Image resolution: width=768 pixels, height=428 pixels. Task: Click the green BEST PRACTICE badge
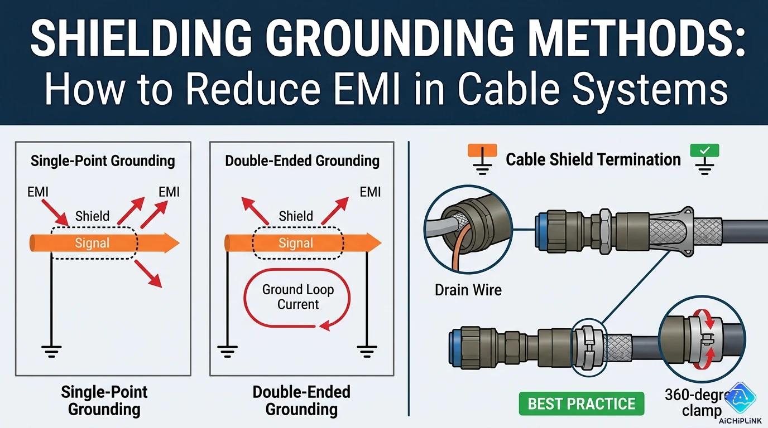[x=582, y=404]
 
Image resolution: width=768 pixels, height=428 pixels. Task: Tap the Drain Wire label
[x=468, y=290]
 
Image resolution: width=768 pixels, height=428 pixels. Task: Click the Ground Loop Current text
[x=298, y=297]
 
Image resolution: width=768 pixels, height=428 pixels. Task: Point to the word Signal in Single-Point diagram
[x=93, y=243]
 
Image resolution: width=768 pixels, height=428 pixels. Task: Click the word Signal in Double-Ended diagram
[x=295, y=243]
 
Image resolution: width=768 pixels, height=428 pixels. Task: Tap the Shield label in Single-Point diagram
[x=92, y=216]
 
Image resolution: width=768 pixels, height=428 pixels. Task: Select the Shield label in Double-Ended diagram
[x=295, y=216]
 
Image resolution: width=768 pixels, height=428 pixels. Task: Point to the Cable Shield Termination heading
[x=593, y=160]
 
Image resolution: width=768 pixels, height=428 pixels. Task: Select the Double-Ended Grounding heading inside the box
[x=302, y=162]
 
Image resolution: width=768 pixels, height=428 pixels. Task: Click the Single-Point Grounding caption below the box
[x=104, y=401]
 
